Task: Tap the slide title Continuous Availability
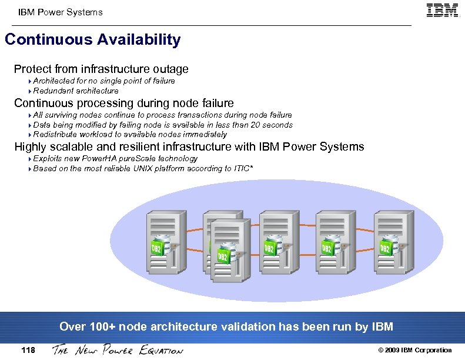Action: click(x=92, y=40)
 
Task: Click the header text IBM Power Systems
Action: click(x=60, y=12)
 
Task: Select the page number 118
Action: click(x=28, y=350)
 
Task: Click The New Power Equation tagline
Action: click(x=118, y=350)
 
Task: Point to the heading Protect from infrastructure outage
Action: click(x=101, y=69)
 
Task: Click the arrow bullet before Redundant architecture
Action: click(x=29, y=91)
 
